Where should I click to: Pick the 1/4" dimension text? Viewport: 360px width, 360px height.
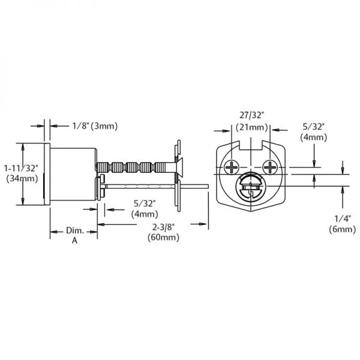(x=340, y=219)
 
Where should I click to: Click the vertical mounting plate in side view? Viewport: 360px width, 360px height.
(x=178, y=174)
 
